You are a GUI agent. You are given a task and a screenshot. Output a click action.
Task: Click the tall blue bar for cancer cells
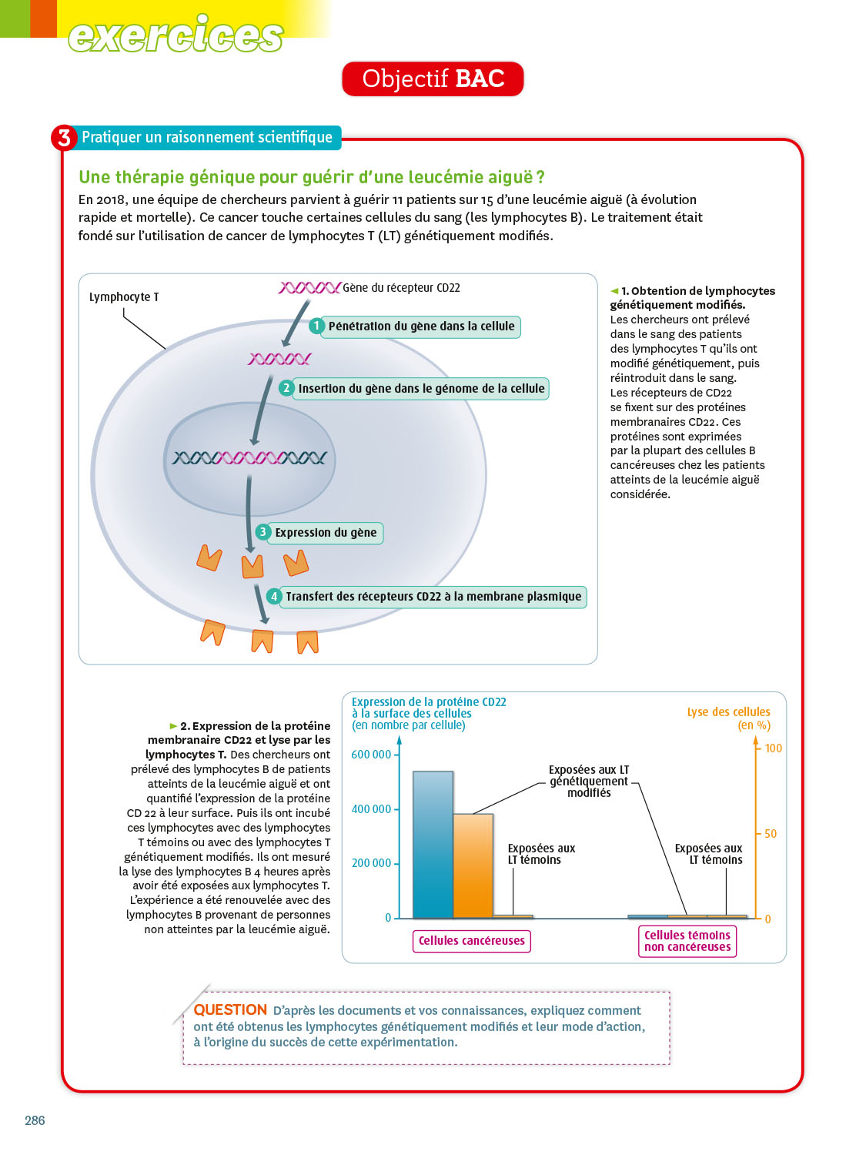433,845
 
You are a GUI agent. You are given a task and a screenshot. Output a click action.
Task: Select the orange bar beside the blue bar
473,866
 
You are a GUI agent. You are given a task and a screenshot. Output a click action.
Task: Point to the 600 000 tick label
371,755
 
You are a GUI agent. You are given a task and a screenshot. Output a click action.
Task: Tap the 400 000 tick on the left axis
371,809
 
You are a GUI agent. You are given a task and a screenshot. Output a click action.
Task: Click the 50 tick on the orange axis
771,834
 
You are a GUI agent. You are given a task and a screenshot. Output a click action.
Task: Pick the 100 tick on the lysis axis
773,748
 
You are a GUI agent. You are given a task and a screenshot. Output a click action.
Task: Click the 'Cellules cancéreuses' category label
472,941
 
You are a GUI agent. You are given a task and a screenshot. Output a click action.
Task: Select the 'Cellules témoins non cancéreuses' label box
687,941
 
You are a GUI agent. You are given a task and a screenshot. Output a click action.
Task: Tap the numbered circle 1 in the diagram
316,326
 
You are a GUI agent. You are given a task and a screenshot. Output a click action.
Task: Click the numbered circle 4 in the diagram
274,597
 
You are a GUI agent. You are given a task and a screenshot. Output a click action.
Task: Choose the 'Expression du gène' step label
326,533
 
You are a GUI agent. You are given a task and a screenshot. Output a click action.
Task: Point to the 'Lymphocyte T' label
124,297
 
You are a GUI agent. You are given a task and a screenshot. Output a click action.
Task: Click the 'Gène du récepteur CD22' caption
401,288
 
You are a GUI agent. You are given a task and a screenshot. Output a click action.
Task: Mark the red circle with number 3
64,138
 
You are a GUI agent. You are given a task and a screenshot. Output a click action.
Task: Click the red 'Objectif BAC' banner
433,79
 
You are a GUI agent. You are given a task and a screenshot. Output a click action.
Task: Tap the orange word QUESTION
230,1010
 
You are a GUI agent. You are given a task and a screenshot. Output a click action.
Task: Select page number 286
35,1120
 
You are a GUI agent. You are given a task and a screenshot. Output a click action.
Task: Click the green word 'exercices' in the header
176,35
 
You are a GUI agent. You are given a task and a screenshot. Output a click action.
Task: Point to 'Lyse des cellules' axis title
728,712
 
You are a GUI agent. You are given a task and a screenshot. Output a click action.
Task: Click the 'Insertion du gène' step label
421,389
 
